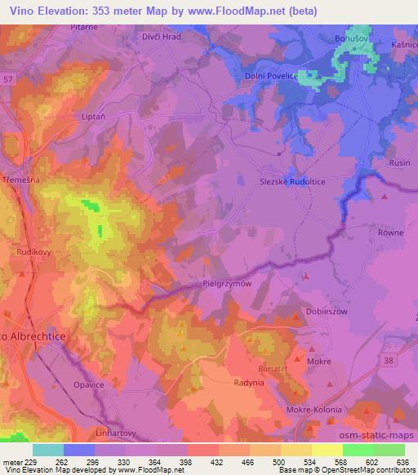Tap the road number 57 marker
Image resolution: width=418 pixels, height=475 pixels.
pos(6,77)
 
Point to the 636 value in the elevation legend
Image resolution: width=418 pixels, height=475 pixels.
pos(401,462)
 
